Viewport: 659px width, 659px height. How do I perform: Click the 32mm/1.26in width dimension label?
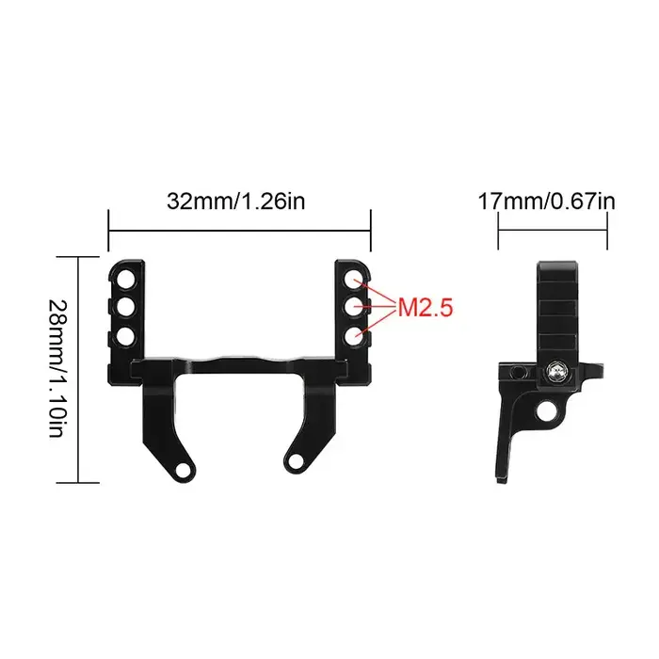point(235,201)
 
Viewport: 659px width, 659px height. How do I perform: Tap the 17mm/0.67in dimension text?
point(546,201)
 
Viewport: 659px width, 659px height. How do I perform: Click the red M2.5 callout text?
point(426,306)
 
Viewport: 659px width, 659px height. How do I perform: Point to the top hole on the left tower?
point(124,280)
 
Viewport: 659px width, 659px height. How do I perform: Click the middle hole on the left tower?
point(124,307)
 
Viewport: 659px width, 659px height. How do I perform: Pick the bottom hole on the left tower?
point(124,334)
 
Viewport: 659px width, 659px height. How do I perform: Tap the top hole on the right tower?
point(351,280)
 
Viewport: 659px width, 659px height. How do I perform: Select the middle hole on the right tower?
point(351,307)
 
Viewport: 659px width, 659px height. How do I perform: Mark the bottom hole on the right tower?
point(351,334)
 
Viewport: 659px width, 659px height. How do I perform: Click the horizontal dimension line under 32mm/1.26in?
point(240,227)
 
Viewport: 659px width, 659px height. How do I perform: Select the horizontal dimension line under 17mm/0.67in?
point(553,227)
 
